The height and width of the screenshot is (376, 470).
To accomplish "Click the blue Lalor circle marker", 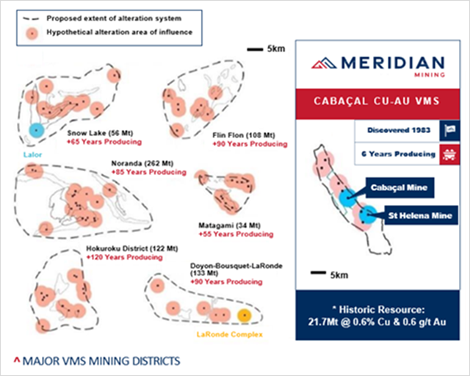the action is click(37, 131).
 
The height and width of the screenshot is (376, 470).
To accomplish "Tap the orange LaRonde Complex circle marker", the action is click(245, 316).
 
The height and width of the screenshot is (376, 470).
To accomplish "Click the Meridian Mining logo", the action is click(377, 66).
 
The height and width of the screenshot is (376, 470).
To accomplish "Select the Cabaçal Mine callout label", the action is click(399, 188).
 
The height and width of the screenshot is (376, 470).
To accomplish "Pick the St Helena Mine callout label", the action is click(421, 215).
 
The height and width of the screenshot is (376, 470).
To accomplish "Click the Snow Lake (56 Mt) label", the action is click(100, 133).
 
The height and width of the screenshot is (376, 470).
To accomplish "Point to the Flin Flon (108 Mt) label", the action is click(244, 135).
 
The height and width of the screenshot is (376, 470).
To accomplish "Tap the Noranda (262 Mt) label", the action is click(142, 164).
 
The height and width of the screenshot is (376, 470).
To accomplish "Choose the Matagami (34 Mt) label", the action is click(229, 225).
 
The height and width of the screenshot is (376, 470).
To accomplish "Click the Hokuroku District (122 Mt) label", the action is click(132, 248).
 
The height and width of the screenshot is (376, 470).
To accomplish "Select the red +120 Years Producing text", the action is click(125, 257).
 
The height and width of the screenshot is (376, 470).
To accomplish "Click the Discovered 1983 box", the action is click(397, 131).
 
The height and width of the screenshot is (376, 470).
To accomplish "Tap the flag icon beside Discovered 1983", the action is click(449, 131).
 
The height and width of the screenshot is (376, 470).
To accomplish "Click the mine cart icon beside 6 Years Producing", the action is click(449, 154).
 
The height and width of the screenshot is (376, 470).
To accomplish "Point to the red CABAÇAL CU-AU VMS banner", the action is click(377, 104).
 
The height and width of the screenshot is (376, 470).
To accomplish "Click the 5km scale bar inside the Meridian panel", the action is click(318, 272).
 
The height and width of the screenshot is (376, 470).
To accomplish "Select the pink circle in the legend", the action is click(32, 33).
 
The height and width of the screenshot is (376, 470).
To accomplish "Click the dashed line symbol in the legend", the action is click(31, 18).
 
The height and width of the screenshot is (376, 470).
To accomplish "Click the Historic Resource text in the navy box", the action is click(377, 316).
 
